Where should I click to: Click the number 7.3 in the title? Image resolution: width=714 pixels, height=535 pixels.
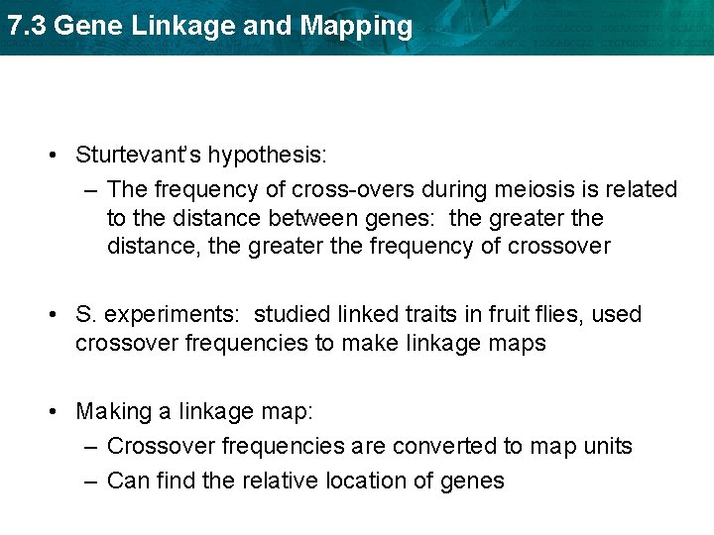[26, 26]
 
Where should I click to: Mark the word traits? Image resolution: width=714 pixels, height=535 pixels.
[428, 315]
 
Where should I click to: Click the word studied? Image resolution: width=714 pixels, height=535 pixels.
[291, 315]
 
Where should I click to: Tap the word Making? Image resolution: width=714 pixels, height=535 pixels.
[112, 411]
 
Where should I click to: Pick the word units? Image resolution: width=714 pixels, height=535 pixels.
[606, 447]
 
